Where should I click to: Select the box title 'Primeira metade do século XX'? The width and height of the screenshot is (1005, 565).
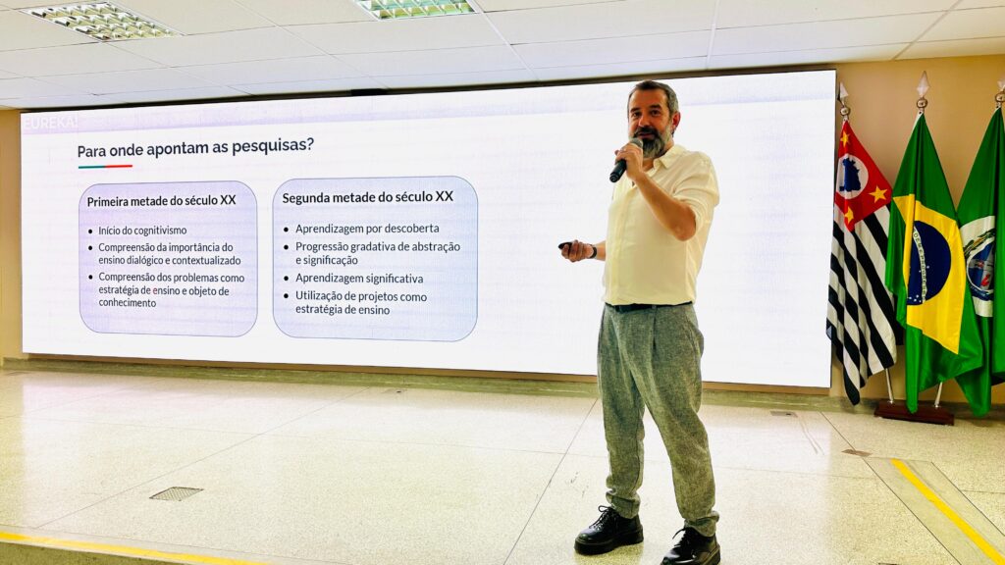pyautogui.click(x=161, y=201)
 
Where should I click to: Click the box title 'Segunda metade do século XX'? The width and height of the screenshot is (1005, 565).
pyautogui.click(x=367, y=197)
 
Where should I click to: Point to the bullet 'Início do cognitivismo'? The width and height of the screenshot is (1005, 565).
pyautogui.click(x=142, y=231)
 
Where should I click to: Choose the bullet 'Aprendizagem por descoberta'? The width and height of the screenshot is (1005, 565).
pyautogui.click(x=367, y=229)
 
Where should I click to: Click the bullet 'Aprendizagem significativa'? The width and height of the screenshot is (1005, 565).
pyautogui.click(x=359, y=279)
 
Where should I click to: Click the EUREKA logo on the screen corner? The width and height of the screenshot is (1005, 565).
pyautogui.click(x=49, y=123)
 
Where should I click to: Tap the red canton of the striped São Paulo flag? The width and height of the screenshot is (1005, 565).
pyautogui.click(x=860, y=175)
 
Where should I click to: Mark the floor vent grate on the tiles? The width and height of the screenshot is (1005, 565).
pyautogui.click(x=176, y=493)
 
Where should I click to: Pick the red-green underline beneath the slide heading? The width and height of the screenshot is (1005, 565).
pyautogui.click(x=105, y=167)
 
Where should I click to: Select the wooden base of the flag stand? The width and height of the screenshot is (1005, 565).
pyautogui.click(x=913, y=413)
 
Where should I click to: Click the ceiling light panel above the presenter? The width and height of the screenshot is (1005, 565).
pyautogui.click(x=416, y=8)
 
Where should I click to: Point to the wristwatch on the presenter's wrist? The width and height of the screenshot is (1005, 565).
pyautogui.click(x=592, y=251)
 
